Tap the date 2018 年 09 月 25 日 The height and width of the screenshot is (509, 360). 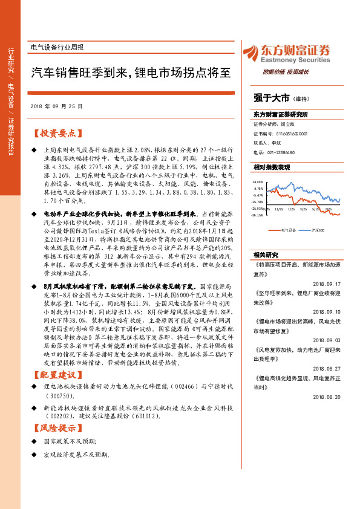[56, 106]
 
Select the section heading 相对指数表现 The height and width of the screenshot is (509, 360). [272, 167]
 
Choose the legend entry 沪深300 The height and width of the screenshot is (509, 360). [318, 230]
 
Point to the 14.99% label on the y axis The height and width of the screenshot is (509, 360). [258, 181]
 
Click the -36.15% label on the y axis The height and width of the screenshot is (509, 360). [258, 215]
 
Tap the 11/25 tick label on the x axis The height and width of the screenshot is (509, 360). [279, 209]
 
